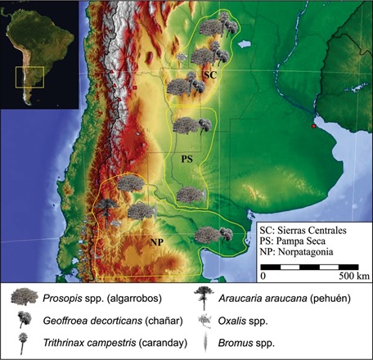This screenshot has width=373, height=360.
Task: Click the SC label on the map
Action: tap(210, 74)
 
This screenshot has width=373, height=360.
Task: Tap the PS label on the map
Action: tap(186, 156)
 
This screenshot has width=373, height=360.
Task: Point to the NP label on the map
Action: tap(157, 243)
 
